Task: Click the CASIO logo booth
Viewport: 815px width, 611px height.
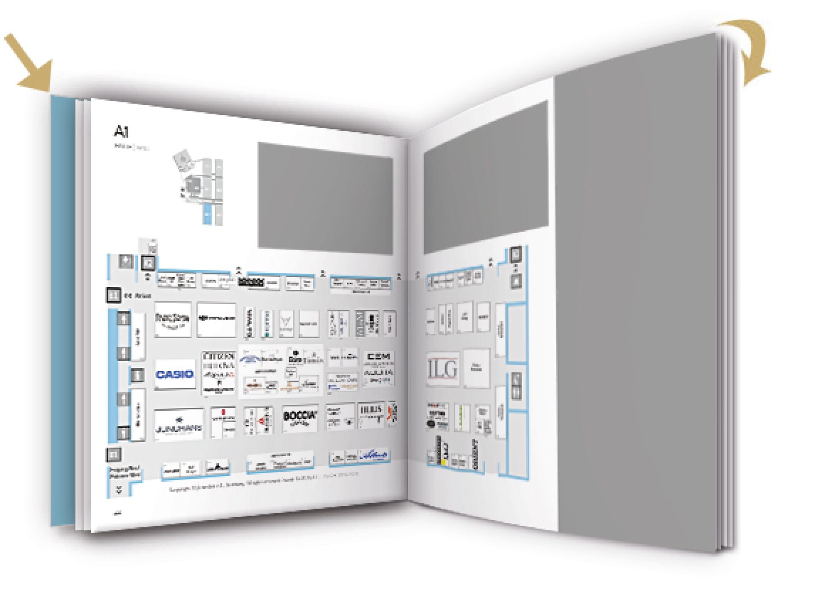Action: (x=174, y=374)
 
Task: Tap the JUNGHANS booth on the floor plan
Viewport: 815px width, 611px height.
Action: (x=179, y=426)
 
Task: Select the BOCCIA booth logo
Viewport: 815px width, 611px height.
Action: (x=300, y=418)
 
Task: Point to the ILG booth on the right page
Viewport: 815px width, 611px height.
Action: (x=443, y=369)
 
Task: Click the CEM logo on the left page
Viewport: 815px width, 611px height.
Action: (x=379, y=356)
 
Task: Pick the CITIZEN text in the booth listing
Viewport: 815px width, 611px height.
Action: (x=219, y=356)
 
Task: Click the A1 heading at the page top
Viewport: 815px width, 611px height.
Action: (x=121, y=132)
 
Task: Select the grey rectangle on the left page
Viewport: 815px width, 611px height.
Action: (x=325, y=197)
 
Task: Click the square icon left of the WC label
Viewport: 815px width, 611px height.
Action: (x=113, y=295)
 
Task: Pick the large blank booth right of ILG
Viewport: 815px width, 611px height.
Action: (x=476, y=368)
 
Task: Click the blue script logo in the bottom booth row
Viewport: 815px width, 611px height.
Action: (x=374, y=456)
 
